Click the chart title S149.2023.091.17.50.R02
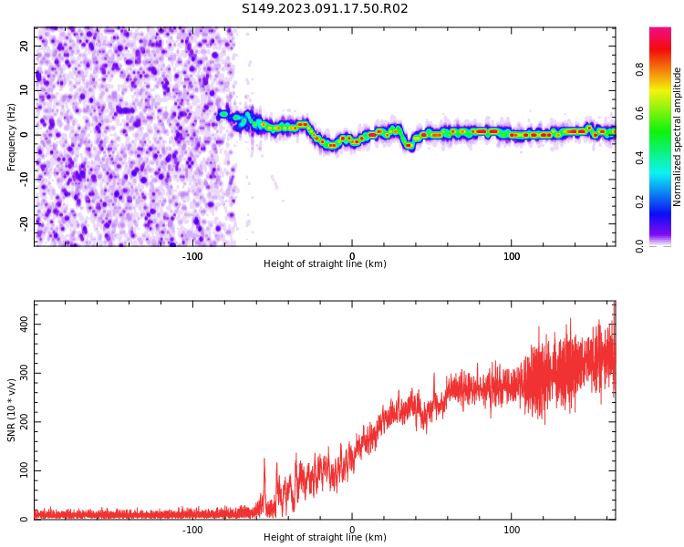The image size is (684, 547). (325, 9)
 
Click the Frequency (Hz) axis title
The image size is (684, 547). (12, 137)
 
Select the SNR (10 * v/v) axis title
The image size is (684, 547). (12, 410)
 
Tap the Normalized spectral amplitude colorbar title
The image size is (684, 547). (678, 137)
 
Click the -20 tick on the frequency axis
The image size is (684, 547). (23, 222)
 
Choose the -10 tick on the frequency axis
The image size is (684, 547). (23, 179)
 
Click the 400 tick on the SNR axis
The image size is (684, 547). (20, 325)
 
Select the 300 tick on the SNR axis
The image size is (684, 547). (20, 374)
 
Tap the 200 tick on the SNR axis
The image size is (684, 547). (20, 422)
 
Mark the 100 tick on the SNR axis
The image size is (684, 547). (20, 471)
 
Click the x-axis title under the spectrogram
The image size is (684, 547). (325, 264)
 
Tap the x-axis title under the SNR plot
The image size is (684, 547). (325, 538)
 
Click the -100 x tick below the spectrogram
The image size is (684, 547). (192, 256)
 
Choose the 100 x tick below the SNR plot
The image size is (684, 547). (512, 530)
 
